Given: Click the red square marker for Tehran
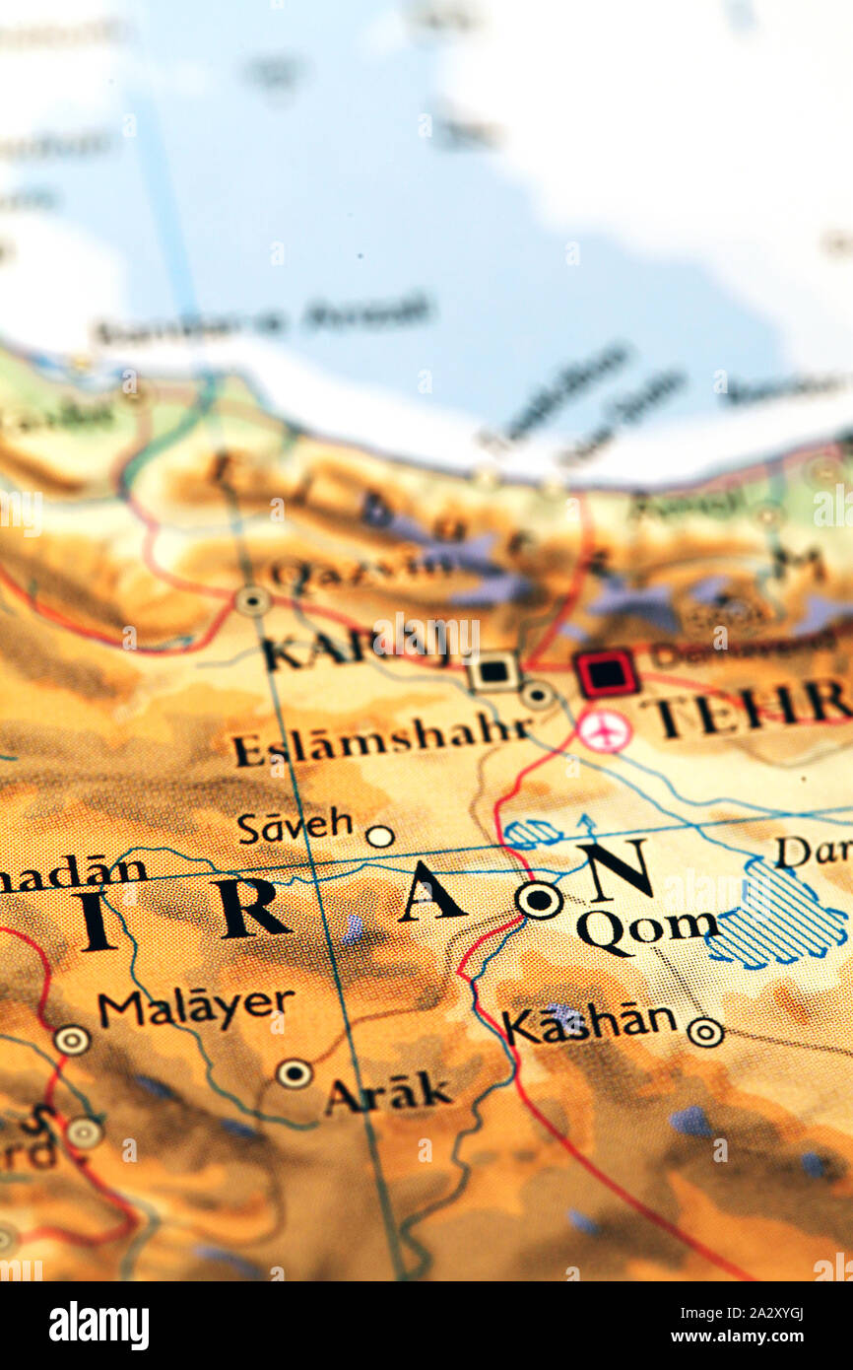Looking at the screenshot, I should coord(606,673).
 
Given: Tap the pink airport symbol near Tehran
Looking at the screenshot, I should coord(604,730).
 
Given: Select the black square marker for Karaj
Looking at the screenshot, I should coord(492,671).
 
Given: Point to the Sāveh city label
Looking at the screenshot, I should coord(295,825).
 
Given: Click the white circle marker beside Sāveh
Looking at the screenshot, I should coord(379,837).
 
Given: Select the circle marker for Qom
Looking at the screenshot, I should coord(539,899).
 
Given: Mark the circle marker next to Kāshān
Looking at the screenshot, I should coord(704,1032).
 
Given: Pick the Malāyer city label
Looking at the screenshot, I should coord(195,1006).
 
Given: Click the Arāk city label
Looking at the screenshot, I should coord(388,1093).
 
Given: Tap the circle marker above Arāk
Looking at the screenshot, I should coord(294,1072).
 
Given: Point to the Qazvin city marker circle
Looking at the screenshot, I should coord(253,600).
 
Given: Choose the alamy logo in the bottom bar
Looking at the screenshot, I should coord(99,1326).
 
